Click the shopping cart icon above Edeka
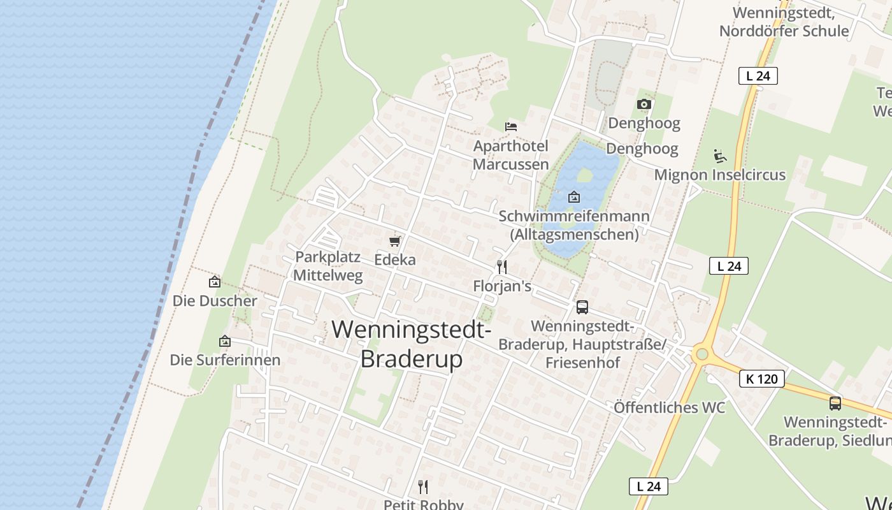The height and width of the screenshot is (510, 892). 395,241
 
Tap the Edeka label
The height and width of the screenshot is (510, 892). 395,259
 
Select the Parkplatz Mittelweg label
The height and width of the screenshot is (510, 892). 328,266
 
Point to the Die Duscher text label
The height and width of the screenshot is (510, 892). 215,301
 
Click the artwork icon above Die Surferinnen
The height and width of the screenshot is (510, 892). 224,342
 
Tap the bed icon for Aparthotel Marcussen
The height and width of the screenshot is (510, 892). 510,126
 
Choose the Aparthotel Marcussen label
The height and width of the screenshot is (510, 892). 510,155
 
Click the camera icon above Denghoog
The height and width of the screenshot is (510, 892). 644,104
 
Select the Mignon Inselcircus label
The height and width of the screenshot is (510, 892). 720,175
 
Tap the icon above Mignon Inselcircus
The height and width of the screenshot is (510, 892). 720,156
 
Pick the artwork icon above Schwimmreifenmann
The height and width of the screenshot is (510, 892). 573,197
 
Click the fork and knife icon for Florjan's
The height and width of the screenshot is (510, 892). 502,267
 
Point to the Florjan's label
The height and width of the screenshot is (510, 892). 502,286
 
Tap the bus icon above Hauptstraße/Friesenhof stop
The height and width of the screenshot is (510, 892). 582,307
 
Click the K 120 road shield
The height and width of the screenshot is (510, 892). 762,379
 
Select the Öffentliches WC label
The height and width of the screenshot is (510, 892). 669,407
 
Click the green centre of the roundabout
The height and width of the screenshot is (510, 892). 702,354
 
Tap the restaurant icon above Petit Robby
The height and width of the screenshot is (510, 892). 423,487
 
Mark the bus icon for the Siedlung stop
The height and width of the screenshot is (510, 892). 835,403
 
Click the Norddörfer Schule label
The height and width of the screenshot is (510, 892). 784,22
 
